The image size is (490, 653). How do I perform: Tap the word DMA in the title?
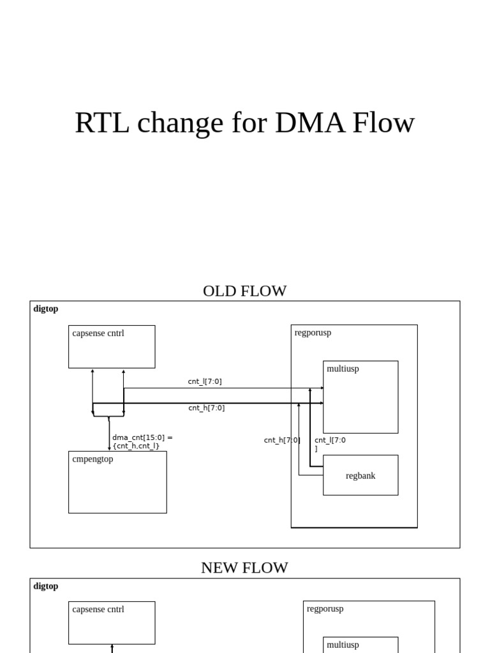[x=303, y=122]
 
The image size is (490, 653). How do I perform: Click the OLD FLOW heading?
[x=244, y=291]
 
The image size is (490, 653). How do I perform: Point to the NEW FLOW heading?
[x=244, y=568]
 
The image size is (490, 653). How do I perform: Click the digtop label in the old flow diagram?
[x=46, y=309]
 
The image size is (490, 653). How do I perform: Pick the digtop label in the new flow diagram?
[x=46, y=586]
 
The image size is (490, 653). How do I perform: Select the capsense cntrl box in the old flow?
[x=112, y=346]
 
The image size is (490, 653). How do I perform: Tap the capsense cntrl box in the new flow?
[x=112, y=622]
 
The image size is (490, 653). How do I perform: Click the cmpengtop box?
[x=117, y=482]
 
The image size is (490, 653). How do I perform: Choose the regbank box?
[x=360, y=475]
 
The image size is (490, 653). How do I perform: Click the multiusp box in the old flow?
[x=360, y=397]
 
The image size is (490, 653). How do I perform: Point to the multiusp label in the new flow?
[x=343, y=645]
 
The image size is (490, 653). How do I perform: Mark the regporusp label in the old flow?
[x=313, y=333]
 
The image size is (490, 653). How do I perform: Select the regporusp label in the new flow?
[x=325, y=609]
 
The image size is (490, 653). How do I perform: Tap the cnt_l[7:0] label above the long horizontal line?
[x=205, y=381]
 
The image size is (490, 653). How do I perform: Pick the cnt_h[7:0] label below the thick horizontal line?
[x=206, y=408]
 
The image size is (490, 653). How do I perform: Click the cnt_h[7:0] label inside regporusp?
[x=281, y=440]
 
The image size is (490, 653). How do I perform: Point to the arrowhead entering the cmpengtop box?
[x=109, y=448]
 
